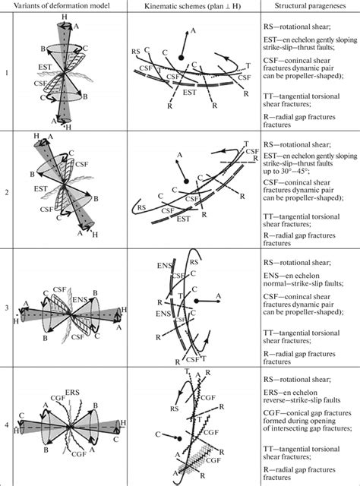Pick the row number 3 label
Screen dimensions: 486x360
pyautogui.click(x=7, y=308)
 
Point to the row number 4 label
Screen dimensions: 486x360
pyautogui.click(x=7, y=426)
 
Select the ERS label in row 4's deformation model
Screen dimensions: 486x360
pyautogui.click(x=74, y=392)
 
